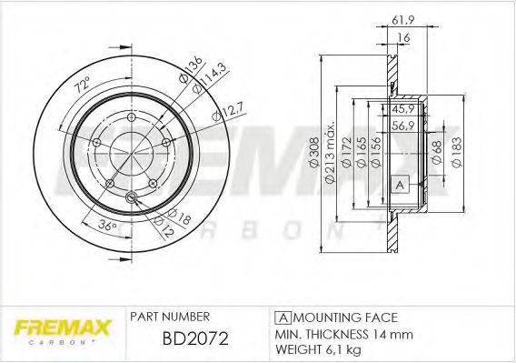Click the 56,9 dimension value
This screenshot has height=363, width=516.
point(402,126)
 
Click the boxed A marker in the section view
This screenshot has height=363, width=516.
point(398,185)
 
